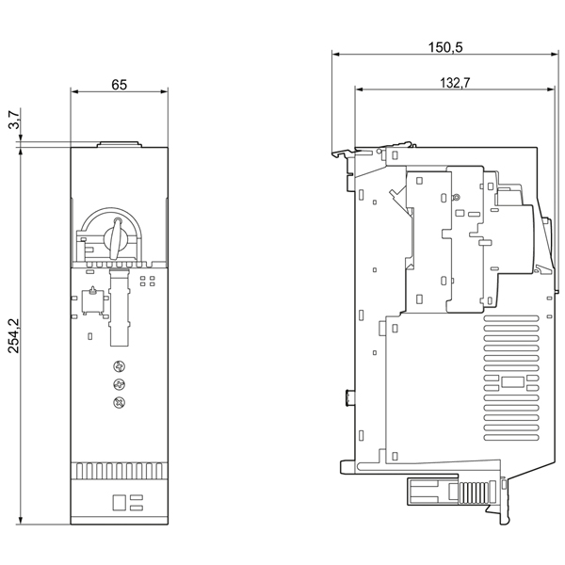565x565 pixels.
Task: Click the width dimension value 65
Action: pyautogui.click(x=120, y=84)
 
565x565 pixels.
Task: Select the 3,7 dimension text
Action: pyautogui.click(x=12, y=121)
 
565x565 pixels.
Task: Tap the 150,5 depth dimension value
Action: pyautogui.click(x=445, y=46)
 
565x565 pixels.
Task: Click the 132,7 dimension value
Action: pyautogui.click(x=455, y=83)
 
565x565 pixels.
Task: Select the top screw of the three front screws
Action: pyautogui.click(x=119, y=366)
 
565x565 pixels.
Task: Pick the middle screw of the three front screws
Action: pyautogui.click(x=119, y=385)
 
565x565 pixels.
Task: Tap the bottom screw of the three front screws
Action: pyautogui.click(x=119, y=404)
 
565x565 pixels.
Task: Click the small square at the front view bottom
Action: pyautogui.click(x=119, y=501)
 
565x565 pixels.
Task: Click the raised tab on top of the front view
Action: pyautogui.click(x=119, y=145)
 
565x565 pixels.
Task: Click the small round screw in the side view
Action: pyautogui.click(x=456, y=198)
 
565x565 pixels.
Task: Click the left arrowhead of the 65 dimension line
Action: pyautogui.click(x=74, y=91)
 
